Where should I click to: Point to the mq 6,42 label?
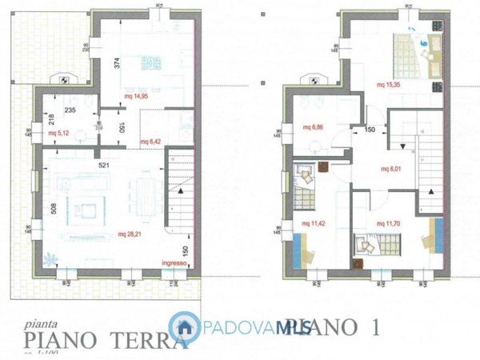click(x=151, y=142)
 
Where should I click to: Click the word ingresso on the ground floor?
click(x=174, y=262)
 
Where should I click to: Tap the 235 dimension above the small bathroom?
click(x=69, y=111)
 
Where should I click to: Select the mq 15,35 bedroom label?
click(x=390, y=86)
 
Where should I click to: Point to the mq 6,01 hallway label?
click(x=390, y=169)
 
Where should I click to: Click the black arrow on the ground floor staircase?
click(x=183, y=194)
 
